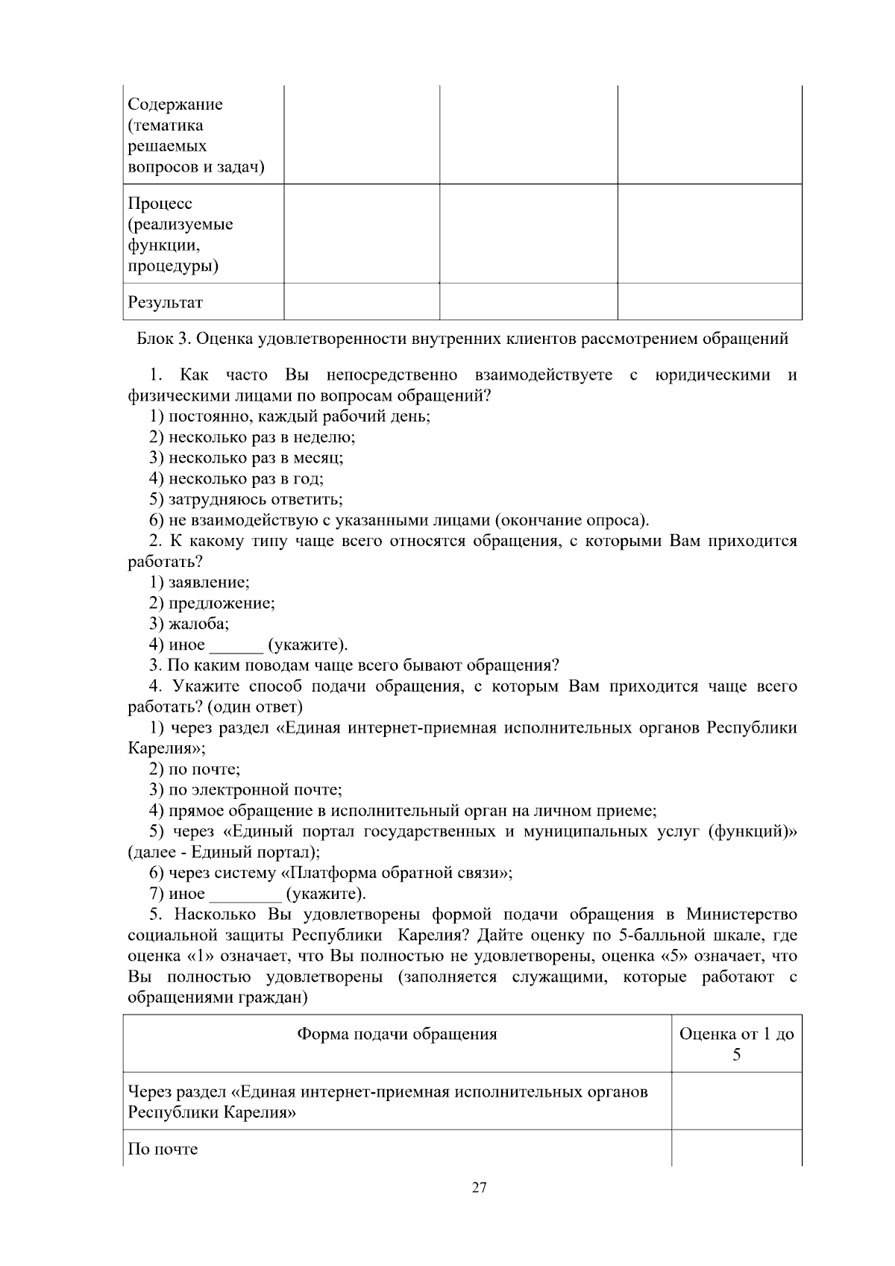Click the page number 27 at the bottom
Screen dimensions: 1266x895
tap(479, 1188)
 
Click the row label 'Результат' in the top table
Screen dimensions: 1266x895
tap(166, 303)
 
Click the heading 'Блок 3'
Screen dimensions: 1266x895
tap(462, 339)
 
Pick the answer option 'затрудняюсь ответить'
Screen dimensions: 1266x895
tap(246, 500)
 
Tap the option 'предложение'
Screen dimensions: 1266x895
tap(212, 603)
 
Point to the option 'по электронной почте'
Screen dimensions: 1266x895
tap(245, 789)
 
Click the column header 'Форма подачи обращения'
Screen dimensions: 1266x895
tap(397, 1034)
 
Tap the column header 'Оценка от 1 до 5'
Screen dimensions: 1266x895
tap(736, 1044)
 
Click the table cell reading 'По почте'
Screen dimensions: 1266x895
tap(163, 1149)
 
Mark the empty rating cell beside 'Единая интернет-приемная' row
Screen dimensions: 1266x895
tap(736, 1102)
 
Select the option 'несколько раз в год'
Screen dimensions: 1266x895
tap(236, 479)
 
